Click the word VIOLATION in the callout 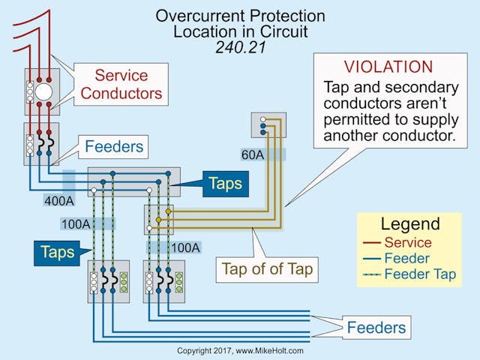click(x=388, y=67)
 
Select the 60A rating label click(x=253, y=155)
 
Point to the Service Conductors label click(x=121, y=84)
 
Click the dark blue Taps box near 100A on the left click(x=57, y=252)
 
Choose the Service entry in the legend click(x=407, y=242)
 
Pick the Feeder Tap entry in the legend click(x=419, y=274)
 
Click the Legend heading click(x=410, y=223)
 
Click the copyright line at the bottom click(x=240, y=350)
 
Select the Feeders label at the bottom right click(x=376, y=327)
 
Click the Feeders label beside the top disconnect click(x=115, y=146)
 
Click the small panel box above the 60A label click(x=268, y=124)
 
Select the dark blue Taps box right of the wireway click(x=225, y=182)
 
